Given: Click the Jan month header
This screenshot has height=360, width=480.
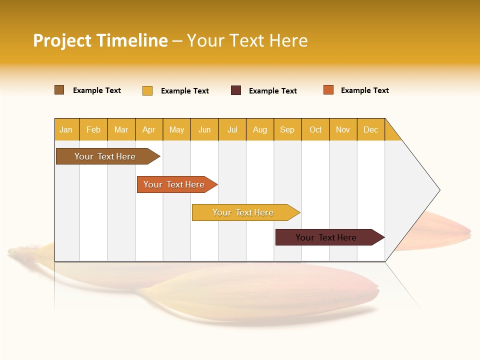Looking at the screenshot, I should tap(66, 129).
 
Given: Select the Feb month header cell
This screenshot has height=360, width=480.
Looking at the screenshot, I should tap(93, 129).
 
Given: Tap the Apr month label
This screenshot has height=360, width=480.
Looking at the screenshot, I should tap(148, 129).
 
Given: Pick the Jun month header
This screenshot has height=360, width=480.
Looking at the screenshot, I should tap(204, 129).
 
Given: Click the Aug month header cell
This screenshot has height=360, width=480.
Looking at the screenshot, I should tap(259, 129).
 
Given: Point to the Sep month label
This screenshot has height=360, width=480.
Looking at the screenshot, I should tap(287, 129).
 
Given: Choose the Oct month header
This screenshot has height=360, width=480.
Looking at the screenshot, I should tap(315, 129).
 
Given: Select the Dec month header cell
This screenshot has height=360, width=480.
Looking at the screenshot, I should tap(370, 129).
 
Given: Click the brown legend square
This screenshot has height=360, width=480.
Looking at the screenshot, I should tap(59, 90).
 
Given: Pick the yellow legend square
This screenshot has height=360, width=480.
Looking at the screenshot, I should tap(147, 90).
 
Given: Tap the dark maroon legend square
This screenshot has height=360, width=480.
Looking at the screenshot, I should tap(236, 90).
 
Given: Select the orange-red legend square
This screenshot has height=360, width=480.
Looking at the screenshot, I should tap(328, 90).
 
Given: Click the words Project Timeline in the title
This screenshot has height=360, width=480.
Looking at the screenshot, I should tap(100, 40).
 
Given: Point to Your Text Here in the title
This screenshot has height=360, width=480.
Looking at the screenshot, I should tap(247, 40).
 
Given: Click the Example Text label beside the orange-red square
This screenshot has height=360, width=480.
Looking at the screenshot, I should tap(364, 90).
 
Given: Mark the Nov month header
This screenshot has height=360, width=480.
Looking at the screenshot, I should tap(343, 129).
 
